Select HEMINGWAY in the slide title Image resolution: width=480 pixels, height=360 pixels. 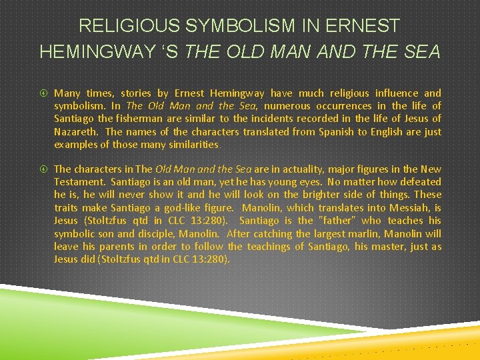(107, 52)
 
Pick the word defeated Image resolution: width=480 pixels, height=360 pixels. (419, 182)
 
